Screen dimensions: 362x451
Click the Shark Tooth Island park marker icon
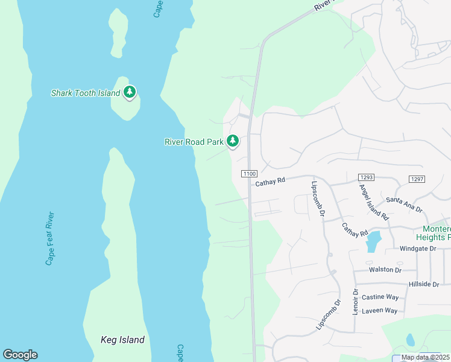(x=130, y=92)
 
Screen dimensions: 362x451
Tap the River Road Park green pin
(x=233, y=141)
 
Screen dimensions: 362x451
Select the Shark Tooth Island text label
(x=85, y=93)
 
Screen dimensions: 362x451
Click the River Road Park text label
(x=194, y=142)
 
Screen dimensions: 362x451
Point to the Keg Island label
(x=122, y=340)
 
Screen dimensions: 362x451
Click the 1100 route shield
(x=250, y=174)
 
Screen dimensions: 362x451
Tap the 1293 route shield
(x=366, y=177)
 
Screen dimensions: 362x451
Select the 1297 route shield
(x=417, y=179)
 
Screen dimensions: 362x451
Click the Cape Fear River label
(x=51, y=238)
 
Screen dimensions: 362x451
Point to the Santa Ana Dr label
(x=404, y=204)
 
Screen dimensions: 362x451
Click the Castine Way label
(x=380, y=297)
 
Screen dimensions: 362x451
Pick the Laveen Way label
(x=379, y=311)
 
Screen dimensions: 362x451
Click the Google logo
(x=20, y=355)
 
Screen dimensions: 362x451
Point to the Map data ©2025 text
(x=424, y=357)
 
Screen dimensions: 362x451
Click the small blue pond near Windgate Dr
(x=373, y=241)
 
